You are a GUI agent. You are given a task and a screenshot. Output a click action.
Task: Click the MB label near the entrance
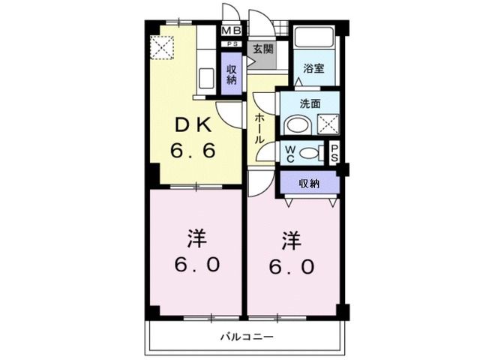232,31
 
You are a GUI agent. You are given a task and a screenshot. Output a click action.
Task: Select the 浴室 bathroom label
313,68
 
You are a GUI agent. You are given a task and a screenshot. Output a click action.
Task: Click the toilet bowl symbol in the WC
309,152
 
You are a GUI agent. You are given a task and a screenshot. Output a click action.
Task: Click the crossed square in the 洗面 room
327,124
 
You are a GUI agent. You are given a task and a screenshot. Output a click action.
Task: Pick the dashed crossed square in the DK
162,48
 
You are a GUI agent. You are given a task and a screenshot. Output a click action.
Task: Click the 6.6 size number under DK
193,151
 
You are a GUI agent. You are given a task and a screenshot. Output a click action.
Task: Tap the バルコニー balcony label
246,337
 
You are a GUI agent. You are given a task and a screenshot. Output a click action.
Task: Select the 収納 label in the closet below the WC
309,183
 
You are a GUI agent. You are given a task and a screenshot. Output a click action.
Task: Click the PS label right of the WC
334,152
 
